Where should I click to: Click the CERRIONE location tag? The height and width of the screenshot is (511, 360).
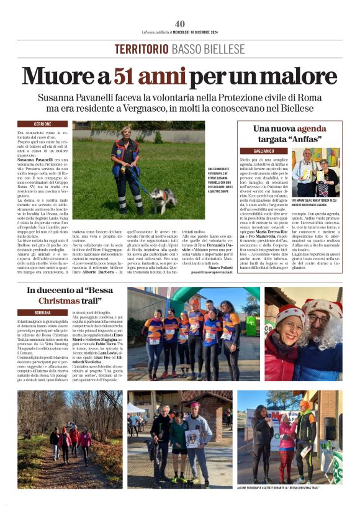click(34, 124)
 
